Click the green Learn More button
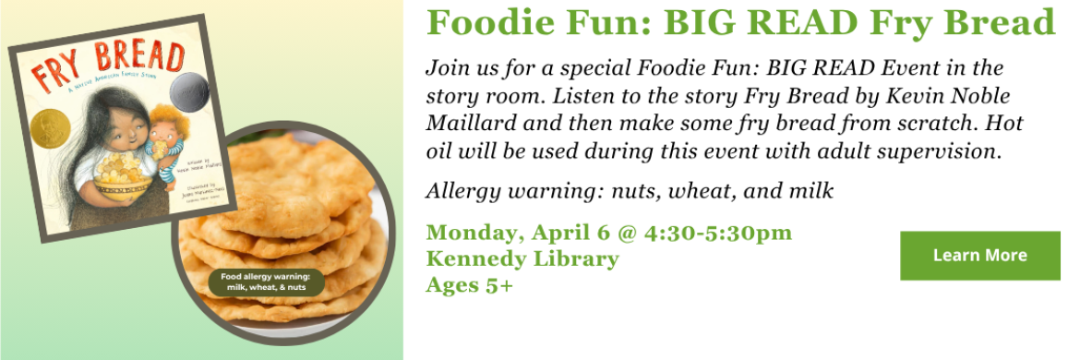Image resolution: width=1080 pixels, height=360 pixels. tap(979, 256)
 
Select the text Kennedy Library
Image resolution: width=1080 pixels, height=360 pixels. tap(522, 258)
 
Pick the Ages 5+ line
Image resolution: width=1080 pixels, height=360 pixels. tap(469, 284)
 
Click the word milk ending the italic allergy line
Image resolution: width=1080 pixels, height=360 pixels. tap(813, 191)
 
